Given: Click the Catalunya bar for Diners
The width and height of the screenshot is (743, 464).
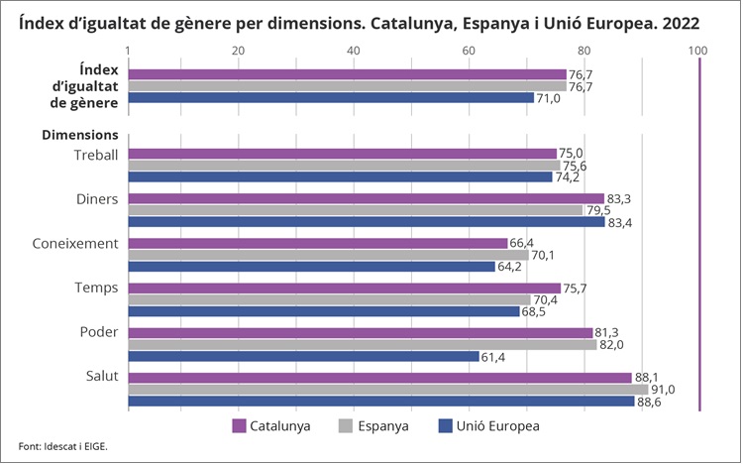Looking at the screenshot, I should click(366, 198).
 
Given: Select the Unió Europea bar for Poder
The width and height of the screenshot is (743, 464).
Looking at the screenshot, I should click(303, 356).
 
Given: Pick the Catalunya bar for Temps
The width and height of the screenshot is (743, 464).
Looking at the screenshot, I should click(344, 289).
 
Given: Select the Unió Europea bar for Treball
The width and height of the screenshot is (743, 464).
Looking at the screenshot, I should click(340, 176).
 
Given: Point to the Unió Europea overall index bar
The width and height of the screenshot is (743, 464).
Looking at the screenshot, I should click(331, 98).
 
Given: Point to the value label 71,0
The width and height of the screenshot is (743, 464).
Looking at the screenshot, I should click(548, 98).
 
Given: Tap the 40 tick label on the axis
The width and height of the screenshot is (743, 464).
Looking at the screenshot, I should click(355, 50).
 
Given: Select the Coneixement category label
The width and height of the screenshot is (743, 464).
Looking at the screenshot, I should click(75, 243).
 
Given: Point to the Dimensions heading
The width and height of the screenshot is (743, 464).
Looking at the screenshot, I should click(79, 135).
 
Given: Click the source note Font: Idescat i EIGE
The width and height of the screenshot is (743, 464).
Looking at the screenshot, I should click(62, 446).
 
